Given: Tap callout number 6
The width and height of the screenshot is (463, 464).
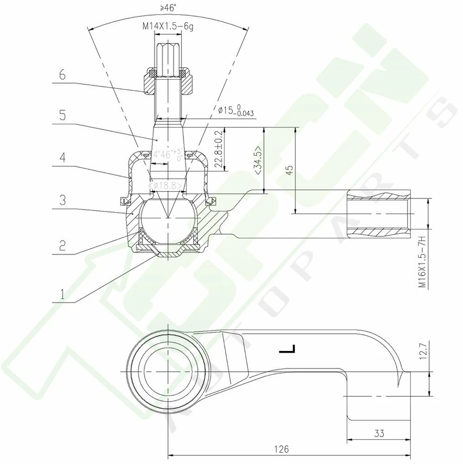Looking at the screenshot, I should click(x=62, y=75).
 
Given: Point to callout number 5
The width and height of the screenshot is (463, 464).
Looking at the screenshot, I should click(x=62, y=116).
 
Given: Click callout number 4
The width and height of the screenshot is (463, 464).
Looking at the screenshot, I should click(x=62, y=158).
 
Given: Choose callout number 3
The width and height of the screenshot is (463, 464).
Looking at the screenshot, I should click(x=62, y=200).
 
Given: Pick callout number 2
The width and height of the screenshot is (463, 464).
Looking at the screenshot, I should click(x=62, y=245).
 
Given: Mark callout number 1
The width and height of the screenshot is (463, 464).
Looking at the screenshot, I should click(x=62, y=293).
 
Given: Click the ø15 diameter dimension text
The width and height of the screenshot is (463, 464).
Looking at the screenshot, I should click(x=236, y=111).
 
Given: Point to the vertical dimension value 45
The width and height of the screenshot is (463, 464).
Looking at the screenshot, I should click(x=289, y=170).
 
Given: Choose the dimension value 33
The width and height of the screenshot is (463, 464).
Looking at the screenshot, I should click(x=379, y=434).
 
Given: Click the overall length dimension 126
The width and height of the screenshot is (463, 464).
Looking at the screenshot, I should click(x=283, y=449).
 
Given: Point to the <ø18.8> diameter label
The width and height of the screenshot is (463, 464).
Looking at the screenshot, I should click(x=167, y=186).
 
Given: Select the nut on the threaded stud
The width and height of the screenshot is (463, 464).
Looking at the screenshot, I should click(x=167, y=81).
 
